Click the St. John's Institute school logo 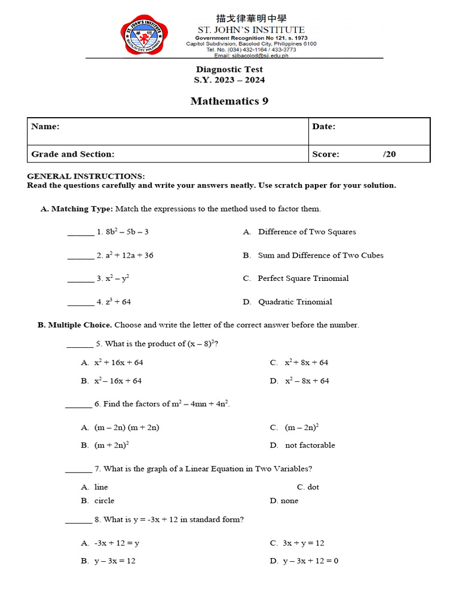[x=144, y=34]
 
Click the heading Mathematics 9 [x=229, y=101]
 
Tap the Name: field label [x=45, y=127]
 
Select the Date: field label [x=323, y=127]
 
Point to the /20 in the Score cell [x=389, y=154]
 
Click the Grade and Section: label [x=73, y=154]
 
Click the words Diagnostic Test [x=229, y=69]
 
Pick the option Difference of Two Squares [x=307, y=232]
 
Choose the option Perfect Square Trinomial [x=303, y=279]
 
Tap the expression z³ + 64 [x=118, y=302]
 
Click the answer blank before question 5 [x=79, y=345]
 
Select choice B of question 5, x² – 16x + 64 [x=118, y=381]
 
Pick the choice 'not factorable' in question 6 [x=310, y=445]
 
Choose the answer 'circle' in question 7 [x=104, y=501]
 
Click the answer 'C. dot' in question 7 [x=308, y=487]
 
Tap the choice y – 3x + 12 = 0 [x=310, y=561]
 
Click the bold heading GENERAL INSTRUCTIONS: [x=86, y=176]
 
